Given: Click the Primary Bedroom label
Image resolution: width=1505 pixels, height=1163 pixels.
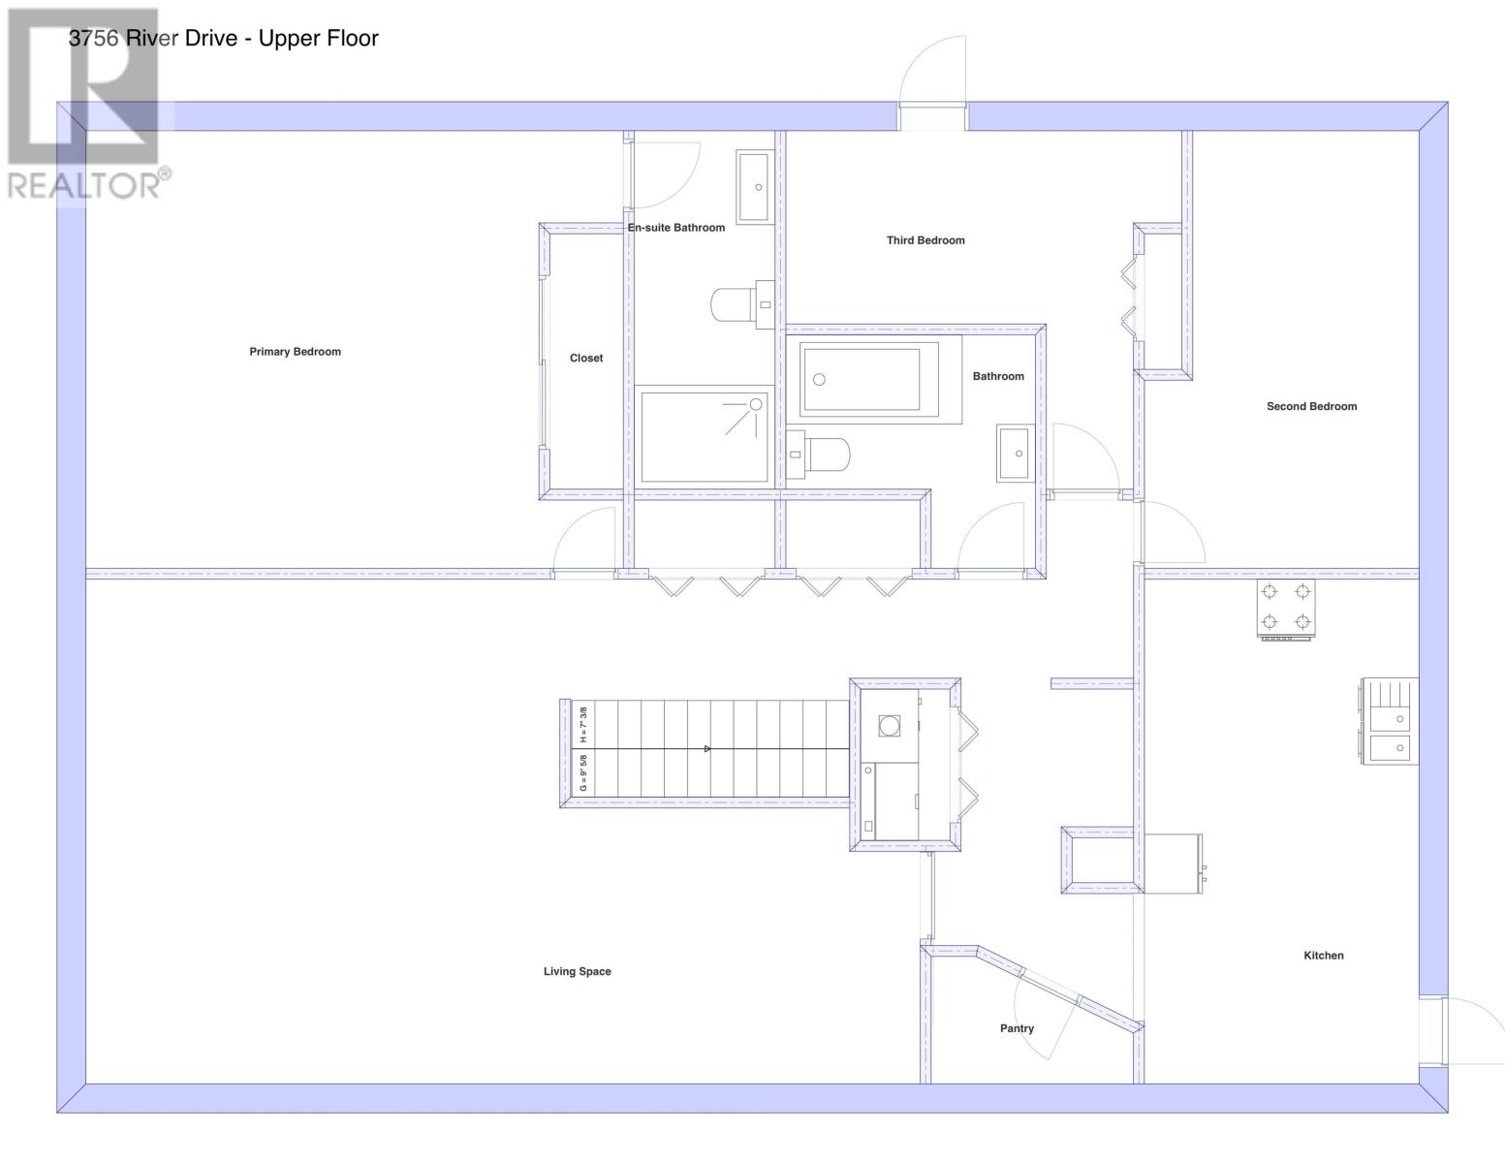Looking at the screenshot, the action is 295,352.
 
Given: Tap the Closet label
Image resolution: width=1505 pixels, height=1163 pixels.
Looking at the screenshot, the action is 586,359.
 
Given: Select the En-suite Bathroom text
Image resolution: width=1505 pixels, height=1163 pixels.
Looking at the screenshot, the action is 676,227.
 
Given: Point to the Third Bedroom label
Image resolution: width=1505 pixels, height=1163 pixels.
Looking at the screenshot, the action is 925,240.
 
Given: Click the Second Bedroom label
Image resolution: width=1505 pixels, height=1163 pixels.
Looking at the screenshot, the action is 1312,407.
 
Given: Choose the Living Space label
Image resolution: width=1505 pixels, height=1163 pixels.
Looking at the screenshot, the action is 577,972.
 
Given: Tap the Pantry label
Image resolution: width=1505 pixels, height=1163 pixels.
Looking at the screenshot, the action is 1017,1028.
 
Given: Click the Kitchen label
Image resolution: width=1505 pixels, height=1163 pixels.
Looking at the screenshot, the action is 1324,956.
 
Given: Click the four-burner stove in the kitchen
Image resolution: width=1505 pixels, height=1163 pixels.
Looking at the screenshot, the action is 1286,609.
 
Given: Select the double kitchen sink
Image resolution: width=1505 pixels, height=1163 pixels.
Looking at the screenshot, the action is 1390,720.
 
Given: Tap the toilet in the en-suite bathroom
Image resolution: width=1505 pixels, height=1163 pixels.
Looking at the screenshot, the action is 741,304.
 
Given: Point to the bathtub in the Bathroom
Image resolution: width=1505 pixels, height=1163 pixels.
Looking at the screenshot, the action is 869,380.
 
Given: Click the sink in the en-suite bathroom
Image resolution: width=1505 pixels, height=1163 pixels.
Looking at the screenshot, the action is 754,186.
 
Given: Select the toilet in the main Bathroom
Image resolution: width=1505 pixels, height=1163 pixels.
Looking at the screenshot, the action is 818,455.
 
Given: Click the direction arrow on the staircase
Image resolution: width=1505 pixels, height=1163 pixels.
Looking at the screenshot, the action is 707,749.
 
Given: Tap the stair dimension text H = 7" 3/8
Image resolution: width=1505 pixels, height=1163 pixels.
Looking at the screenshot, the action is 583,725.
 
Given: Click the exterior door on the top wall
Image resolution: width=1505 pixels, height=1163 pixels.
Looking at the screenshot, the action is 932,81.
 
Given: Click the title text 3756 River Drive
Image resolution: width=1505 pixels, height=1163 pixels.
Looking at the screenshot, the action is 153,38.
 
